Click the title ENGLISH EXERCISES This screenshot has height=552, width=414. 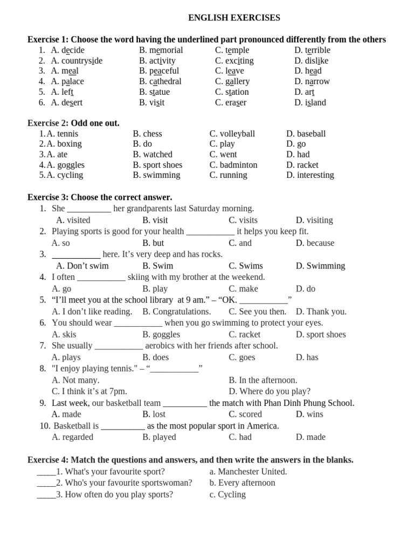[234, 18]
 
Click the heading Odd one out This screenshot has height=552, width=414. [95, 123]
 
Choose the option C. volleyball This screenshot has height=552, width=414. [232, 134]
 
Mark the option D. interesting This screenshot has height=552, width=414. [310, 175]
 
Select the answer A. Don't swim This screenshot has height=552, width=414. [82, 266]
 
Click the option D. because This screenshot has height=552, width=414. [315, 243]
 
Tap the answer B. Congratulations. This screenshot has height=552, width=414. [176, 312]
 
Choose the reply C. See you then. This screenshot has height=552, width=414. [257, 312]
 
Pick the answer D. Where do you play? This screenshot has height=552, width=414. [270, 391]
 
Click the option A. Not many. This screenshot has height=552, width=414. [75, 380]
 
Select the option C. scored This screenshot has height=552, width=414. [245, 415]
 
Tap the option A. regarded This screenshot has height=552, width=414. [72, 437]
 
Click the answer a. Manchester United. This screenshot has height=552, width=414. [248, 472]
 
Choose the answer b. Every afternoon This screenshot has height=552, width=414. [242, 483]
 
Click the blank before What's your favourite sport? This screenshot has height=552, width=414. [46, 472]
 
